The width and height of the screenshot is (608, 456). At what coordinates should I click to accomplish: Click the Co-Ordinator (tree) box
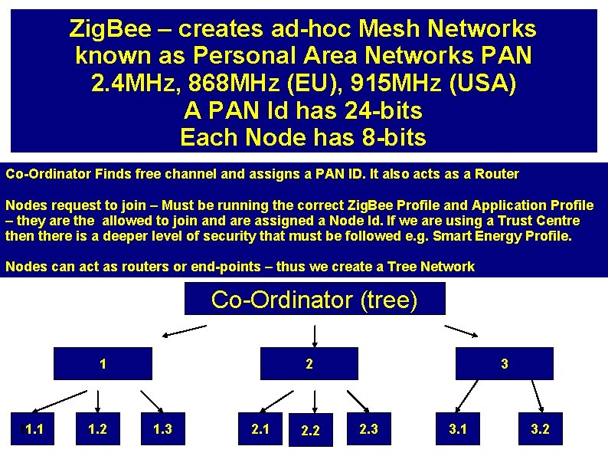tap(314, 299)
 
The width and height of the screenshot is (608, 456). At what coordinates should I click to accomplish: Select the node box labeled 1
tap(103, 364)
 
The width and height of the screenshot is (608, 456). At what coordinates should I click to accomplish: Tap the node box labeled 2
tap(309, 364)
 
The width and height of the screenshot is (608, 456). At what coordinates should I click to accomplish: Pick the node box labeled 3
tap(504, 364)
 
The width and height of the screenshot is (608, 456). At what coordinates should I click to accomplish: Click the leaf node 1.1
tap(34, 429)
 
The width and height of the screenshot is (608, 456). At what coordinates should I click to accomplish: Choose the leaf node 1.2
tap(97, 429)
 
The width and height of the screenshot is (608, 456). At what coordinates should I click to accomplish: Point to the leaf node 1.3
tap(162, 429)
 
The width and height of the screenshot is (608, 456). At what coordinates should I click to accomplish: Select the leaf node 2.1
tap(260, 429)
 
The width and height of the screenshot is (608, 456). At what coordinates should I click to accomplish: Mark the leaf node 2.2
tap(309, 431)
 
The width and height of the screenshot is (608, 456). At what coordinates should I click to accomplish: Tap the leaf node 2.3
tap(368, 429)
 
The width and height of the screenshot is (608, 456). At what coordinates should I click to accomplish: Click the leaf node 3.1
tap(458, 429)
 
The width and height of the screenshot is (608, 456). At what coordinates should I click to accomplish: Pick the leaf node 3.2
tap(540, 429)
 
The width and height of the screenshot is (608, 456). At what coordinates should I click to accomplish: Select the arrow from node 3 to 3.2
tap(538, 394)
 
